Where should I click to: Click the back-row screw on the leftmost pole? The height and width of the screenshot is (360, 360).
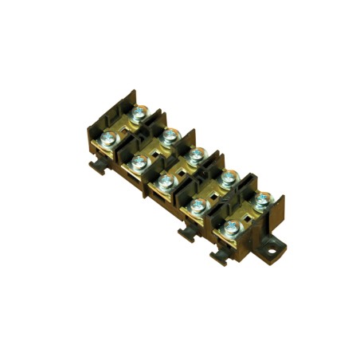[140, 115]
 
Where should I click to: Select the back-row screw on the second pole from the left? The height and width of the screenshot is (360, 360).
[167, 136]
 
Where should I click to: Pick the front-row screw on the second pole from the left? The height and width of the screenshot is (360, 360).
[136, 162]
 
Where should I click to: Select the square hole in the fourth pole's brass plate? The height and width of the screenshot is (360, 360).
[213, 190]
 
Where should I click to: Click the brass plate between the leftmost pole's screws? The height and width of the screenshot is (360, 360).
[123, 129]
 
